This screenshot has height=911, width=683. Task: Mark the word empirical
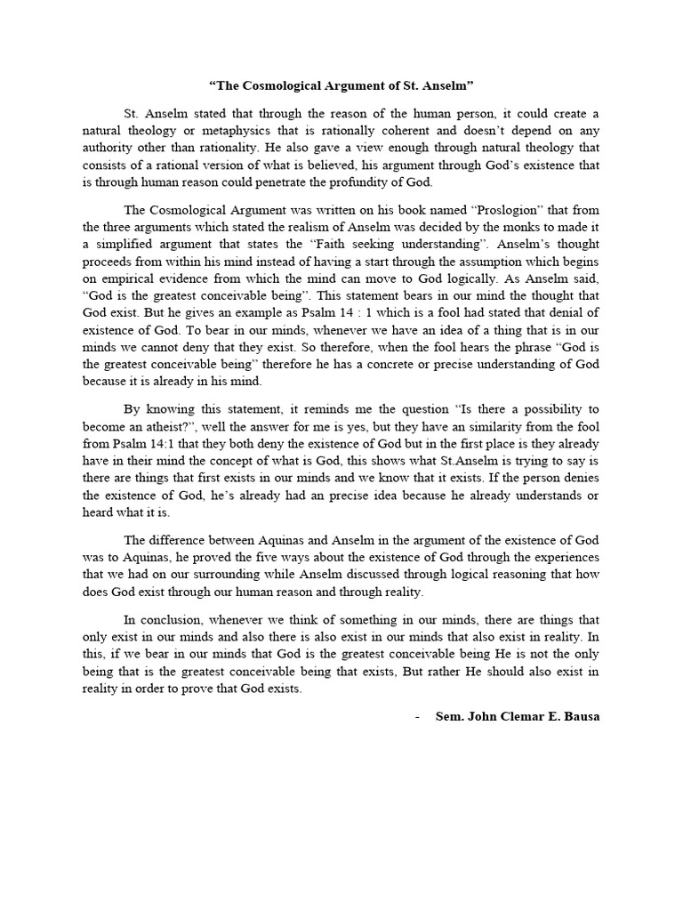point(140,278)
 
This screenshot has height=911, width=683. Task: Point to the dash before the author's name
point(418,716)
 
